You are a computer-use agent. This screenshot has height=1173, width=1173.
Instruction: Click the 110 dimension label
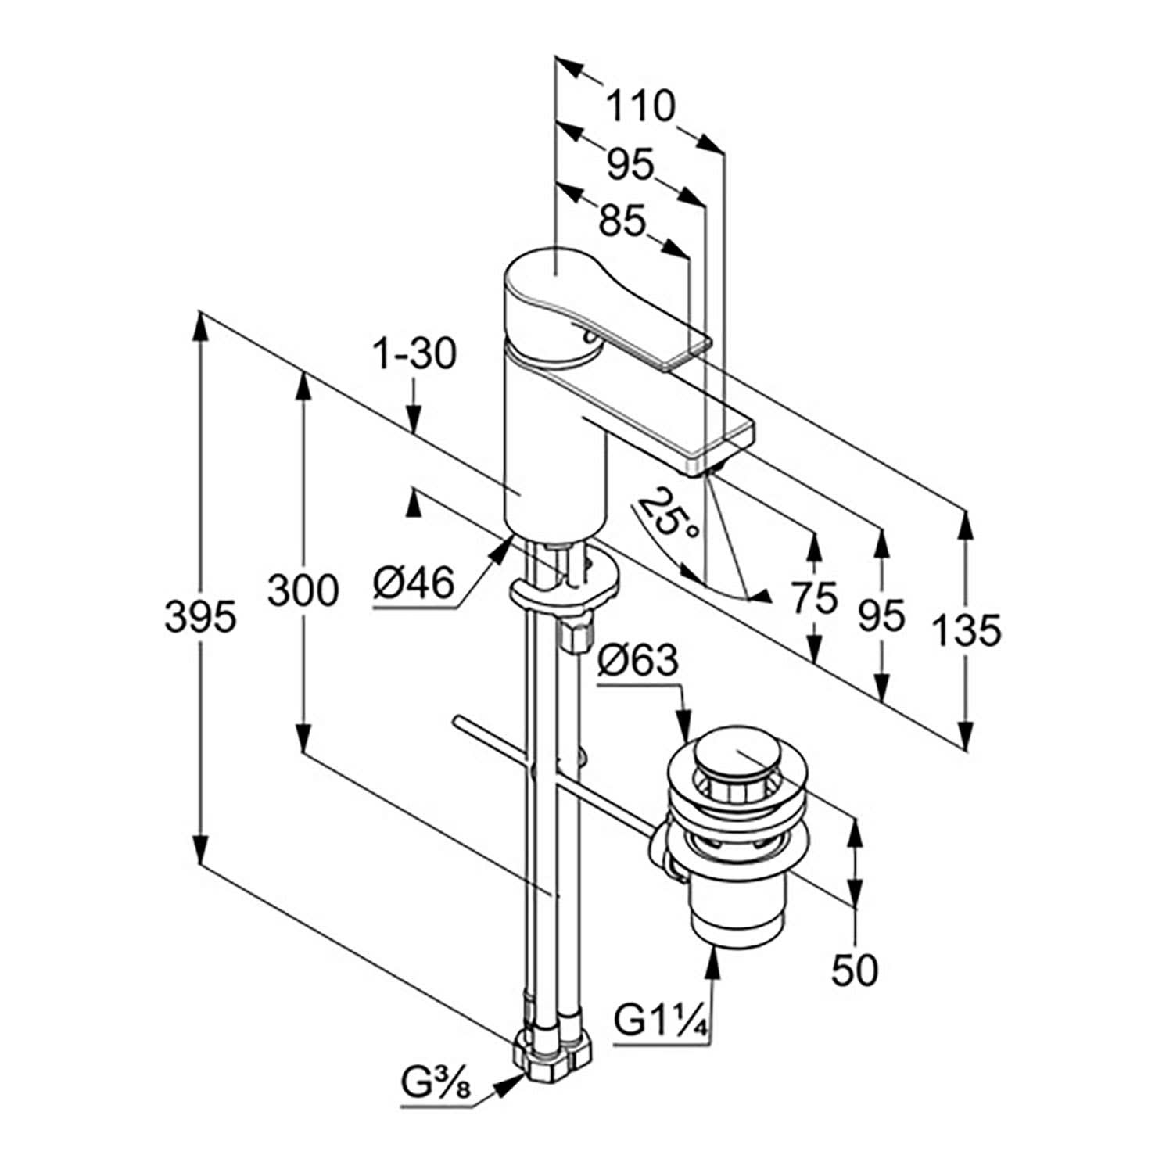click(640, 107)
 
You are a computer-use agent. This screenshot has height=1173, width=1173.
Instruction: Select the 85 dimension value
click(622, 221)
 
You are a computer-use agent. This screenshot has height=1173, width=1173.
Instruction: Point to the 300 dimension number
click(303, 590)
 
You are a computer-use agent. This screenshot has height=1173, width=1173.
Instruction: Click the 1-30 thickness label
click(414, 356)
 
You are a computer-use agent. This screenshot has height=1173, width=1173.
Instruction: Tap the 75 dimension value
click(813, 599)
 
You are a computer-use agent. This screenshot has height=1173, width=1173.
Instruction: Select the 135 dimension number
click(967, 630)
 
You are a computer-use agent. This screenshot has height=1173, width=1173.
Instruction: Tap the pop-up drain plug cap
click(730, 752)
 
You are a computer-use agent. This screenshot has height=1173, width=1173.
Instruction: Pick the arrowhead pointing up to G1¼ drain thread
click(712, 958)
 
